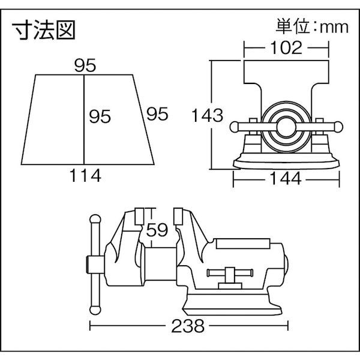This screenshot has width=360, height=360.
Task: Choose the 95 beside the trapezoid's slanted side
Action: tap(155, 113)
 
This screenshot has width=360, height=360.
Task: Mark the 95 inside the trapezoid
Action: tap(100, 116)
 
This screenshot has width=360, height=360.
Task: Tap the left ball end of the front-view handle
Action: tap(235, 127)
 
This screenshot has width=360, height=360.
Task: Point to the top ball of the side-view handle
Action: tap(93, 220)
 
